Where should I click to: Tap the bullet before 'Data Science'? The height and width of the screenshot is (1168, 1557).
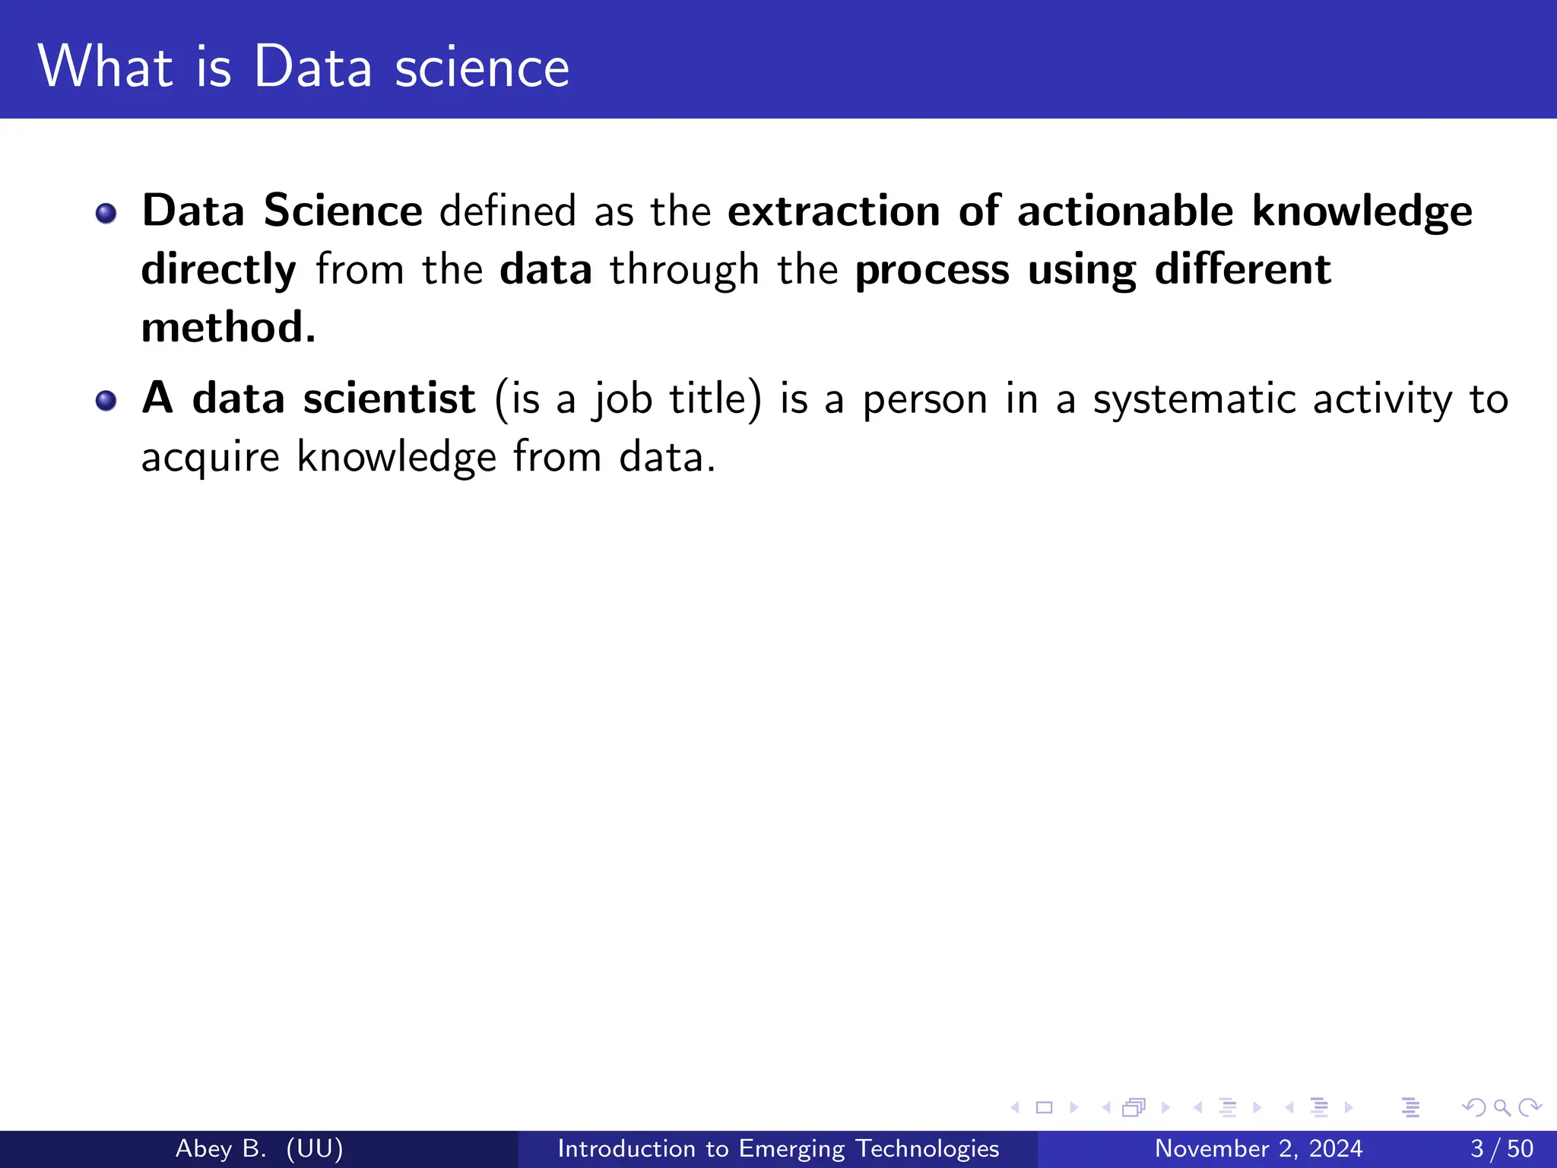tap(106, 213)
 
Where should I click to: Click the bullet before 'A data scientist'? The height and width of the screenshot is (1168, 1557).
tap(106, 400)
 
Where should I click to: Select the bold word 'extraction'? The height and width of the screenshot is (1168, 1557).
tap(834, 211)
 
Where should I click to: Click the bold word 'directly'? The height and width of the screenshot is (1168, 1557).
tap(219, 270)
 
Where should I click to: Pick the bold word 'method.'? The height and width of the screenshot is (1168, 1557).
tap(228, 328)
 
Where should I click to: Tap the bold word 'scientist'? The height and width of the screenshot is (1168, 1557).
tap(389, 398)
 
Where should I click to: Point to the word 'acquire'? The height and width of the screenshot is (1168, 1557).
tap(211, 458)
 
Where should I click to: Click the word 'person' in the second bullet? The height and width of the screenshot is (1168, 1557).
tap(924, 400)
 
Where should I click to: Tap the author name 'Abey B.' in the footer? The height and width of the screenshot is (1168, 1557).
tap(220, 1148)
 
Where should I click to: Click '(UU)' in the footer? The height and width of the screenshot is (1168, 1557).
tap(315, 1148)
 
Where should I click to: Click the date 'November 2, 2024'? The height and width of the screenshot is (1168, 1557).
tap(1258, 1148)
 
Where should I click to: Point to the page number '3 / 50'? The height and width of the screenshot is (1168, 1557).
tap(1502, 1148)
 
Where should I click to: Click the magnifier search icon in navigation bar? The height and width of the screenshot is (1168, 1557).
tap(1502, 1107)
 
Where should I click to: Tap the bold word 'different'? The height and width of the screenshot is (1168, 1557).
tap(1242, 269)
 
